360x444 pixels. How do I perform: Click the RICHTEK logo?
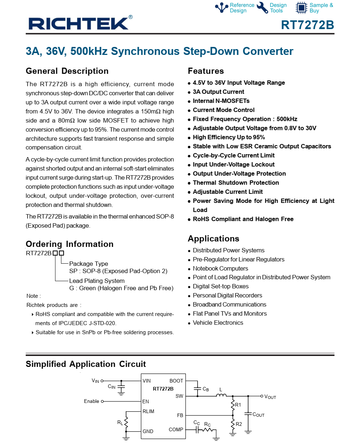78,24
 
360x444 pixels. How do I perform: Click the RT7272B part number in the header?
307,25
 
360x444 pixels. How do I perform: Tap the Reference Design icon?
222,8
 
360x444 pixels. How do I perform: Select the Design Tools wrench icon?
262,8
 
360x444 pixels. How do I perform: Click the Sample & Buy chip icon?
301,8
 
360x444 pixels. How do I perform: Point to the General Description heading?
67,71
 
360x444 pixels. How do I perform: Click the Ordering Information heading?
69,244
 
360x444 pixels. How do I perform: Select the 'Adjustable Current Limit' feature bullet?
228,192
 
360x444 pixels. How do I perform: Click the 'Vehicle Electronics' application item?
218,323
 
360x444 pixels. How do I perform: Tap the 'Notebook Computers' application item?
221,268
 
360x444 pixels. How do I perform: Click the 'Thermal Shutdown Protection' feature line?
236,183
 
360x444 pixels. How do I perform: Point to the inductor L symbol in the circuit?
221,395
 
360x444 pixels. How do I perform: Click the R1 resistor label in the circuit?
238,405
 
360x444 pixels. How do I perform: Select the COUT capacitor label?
258,415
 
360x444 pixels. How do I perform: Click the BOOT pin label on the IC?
176,381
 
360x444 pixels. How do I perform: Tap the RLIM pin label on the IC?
148,411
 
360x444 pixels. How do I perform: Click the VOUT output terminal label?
270,397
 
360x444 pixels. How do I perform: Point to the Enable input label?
92,401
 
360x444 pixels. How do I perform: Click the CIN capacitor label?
112,387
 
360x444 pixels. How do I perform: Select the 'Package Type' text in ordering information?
89,264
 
